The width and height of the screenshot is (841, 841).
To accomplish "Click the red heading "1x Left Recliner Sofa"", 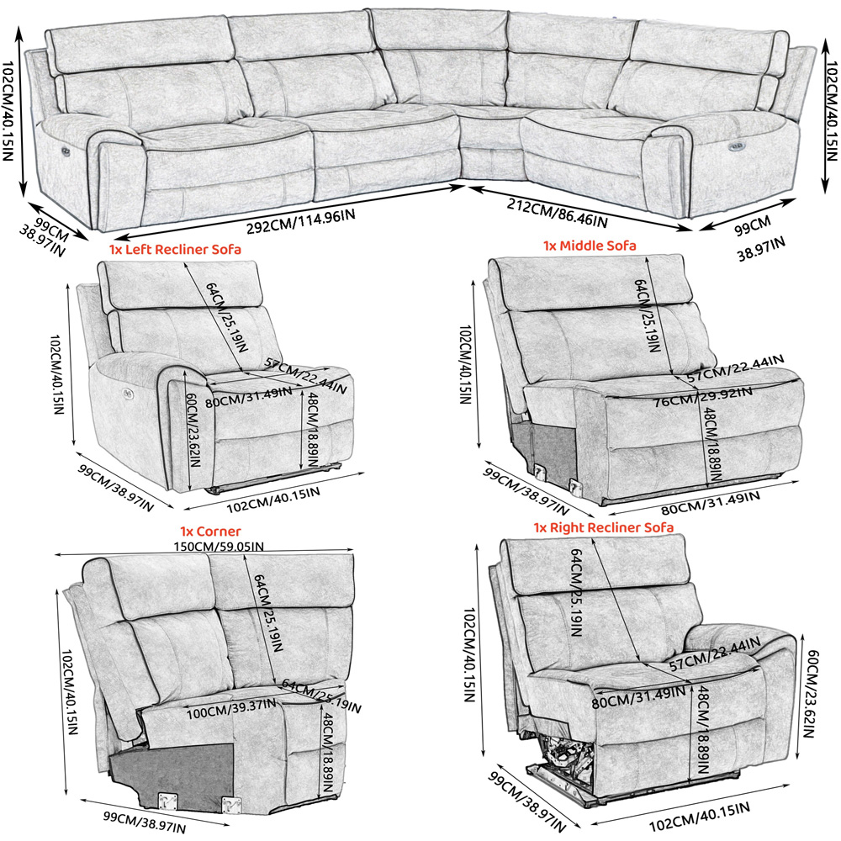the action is (175, 250).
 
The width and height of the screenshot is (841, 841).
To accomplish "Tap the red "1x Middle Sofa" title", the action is (590, 246).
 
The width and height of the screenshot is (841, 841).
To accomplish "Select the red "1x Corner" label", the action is (210, 531).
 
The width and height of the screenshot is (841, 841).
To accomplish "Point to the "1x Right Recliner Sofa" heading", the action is (603, 527).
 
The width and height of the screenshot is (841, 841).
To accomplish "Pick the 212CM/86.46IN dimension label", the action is (558, 213).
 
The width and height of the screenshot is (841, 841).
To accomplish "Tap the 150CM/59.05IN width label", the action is (219, 547).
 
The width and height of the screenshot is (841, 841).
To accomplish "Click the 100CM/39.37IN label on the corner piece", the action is (231, 709).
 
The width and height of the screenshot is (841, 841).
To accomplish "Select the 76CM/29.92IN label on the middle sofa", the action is (702, 396).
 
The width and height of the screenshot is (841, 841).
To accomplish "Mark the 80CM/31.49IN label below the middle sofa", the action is (710, 503).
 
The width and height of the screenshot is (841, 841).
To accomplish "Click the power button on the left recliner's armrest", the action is (128, 394).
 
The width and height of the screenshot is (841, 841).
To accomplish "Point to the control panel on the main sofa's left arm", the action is (66, 151).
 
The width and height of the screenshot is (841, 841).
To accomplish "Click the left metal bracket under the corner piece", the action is (167, 801).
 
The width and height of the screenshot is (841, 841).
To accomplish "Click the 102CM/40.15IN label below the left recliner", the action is (273, 500).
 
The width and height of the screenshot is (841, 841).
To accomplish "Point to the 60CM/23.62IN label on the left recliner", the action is (193, 429).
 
